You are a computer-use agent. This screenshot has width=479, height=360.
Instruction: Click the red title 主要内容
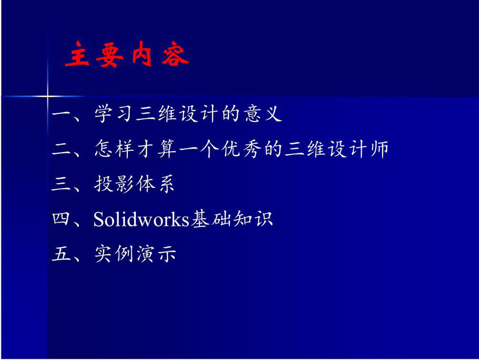(127, 54)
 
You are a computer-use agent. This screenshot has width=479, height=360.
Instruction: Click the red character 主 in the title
(77, 54)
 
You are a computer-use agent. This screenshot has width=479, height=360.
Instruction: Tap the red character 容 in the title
(175, 54)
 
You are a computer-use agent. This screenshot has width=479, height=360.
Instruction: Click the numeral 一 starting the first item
(61, 114)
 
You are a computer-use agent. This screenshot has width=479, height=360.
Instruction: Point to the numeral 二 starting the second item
(61, 149)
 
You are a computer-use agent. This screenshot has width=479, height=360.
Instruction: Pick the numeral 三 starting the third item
(61, 184)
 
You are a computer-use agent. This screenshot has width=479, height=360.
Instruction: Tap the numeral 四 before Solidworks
(61, 219)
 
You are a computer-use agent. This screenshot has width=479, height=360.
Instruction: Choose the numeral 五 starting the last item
(61, 254)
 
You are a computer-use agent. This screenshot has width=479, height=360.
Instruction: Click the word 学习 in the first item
(114, 114)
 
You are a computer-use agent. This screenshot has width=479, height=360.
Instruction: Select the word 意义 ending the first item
(263, 114)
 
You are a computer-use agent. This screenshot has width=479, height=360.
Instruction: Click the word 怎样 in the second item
(114, 149)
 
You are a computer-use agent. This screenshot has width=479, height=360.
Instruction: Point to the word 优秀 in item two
(241, 149)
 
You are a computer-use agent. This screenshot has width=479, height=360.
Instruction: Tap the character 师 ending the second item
(379, 149)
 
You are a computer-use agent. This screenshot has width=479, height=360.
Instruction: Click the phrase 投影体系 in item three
(135, 184)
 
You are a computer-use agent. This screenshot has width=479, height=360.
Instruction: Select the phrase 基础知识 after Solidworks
(232, 219)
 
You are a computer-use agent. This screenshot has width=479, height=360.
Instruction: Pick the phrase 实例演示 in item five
(135, 254)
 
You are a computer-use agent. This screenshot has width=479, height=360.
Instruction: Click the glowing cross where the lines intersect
(47, 96)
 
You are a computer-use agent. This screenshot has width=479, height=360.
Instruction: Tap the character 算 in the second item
(167, 149)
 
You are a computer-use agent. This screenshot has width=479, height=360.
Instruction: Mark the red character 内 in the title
(141, 54)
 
